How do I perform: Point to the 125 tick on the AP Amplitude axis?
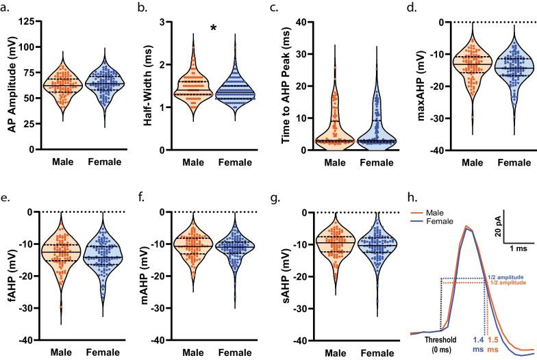pyautogui.click(x=29, y=22)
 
